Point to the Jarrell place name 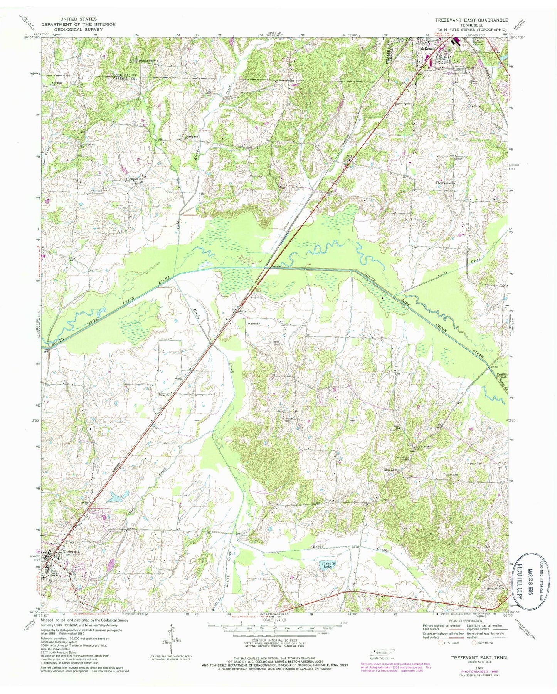point(244,311)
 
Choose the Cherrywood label point(444,183)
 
